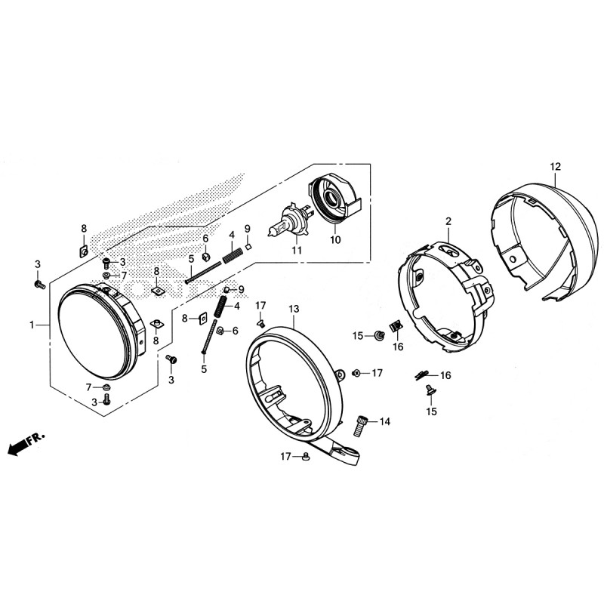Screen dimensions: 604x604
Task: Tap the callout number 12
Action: coord(556,167)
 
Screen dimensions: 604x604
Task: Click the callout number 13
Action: coord(294,309)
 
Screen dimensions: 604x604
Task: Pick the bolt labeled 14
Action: coord(361,425)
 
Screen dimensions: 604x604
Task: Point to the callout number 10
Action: coord(335,239)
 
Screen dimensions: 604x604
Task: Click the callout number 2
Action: coord(448,221)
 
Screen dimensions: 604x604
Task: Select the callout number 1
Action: coord(32,325)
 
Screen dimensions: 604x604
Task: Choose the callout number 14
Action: coord(385,422)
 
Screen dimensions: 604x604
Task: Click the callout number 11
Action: coord(297,251)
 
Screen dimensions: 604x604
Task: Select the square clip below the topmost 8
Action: coord(84,252)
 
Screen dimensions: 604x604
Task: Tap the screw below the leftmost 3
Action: coord(39,285)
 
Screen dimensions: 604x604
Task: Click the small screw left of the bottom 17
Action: coord(307,457)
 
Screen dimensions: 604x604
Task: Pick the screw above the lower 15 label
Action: coord(430,390)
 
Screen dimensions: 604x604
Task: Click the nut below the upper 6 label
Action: coord(205,256)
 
